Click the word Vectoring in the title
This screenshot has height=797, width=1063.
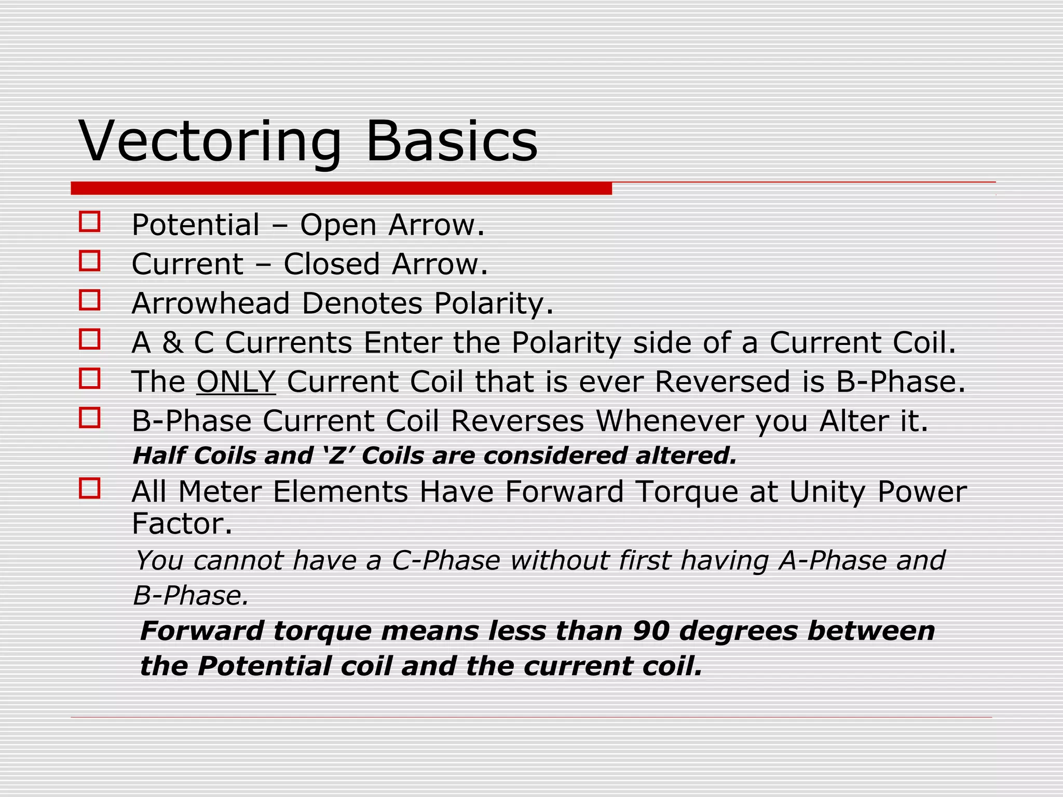(210, 141)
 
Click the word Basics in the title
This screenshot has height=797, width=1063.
(452, 141)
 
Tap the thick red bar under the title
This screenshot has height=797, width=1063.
(341, 188)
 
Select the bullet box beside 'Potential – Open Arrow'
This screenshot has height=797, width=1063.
(89, 221)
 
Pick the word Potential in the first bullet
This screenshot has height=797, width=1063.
(196, 225)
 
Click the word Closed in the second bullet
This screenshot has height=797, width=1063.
(332, 264)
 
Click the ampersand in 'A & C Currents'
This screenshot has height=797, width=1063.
(172, 342)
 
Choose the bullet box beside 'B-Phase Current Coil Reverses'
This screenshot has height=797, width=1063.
(89, 417)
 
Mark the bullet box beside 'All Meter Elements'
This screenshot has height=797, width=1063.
(89, 488)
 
